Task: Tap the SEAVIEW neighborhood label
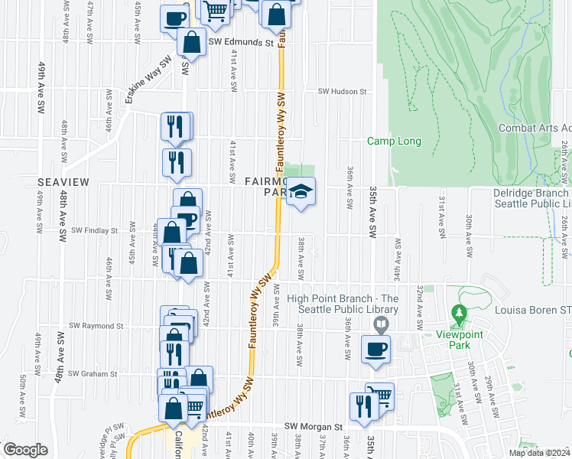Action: point(63,181)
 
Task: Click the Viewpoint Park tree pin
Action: point(458,313)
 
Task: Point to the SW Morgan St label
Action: point(314,426)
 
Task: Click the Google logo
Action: point(25,450)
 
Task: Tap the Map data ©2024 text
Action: point(538,453)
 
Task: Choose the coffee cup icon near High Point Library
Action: point(375,349)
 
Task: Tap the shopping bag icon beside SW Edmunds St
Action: point(191,42)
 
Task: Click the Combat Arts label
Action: point(535,129)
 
